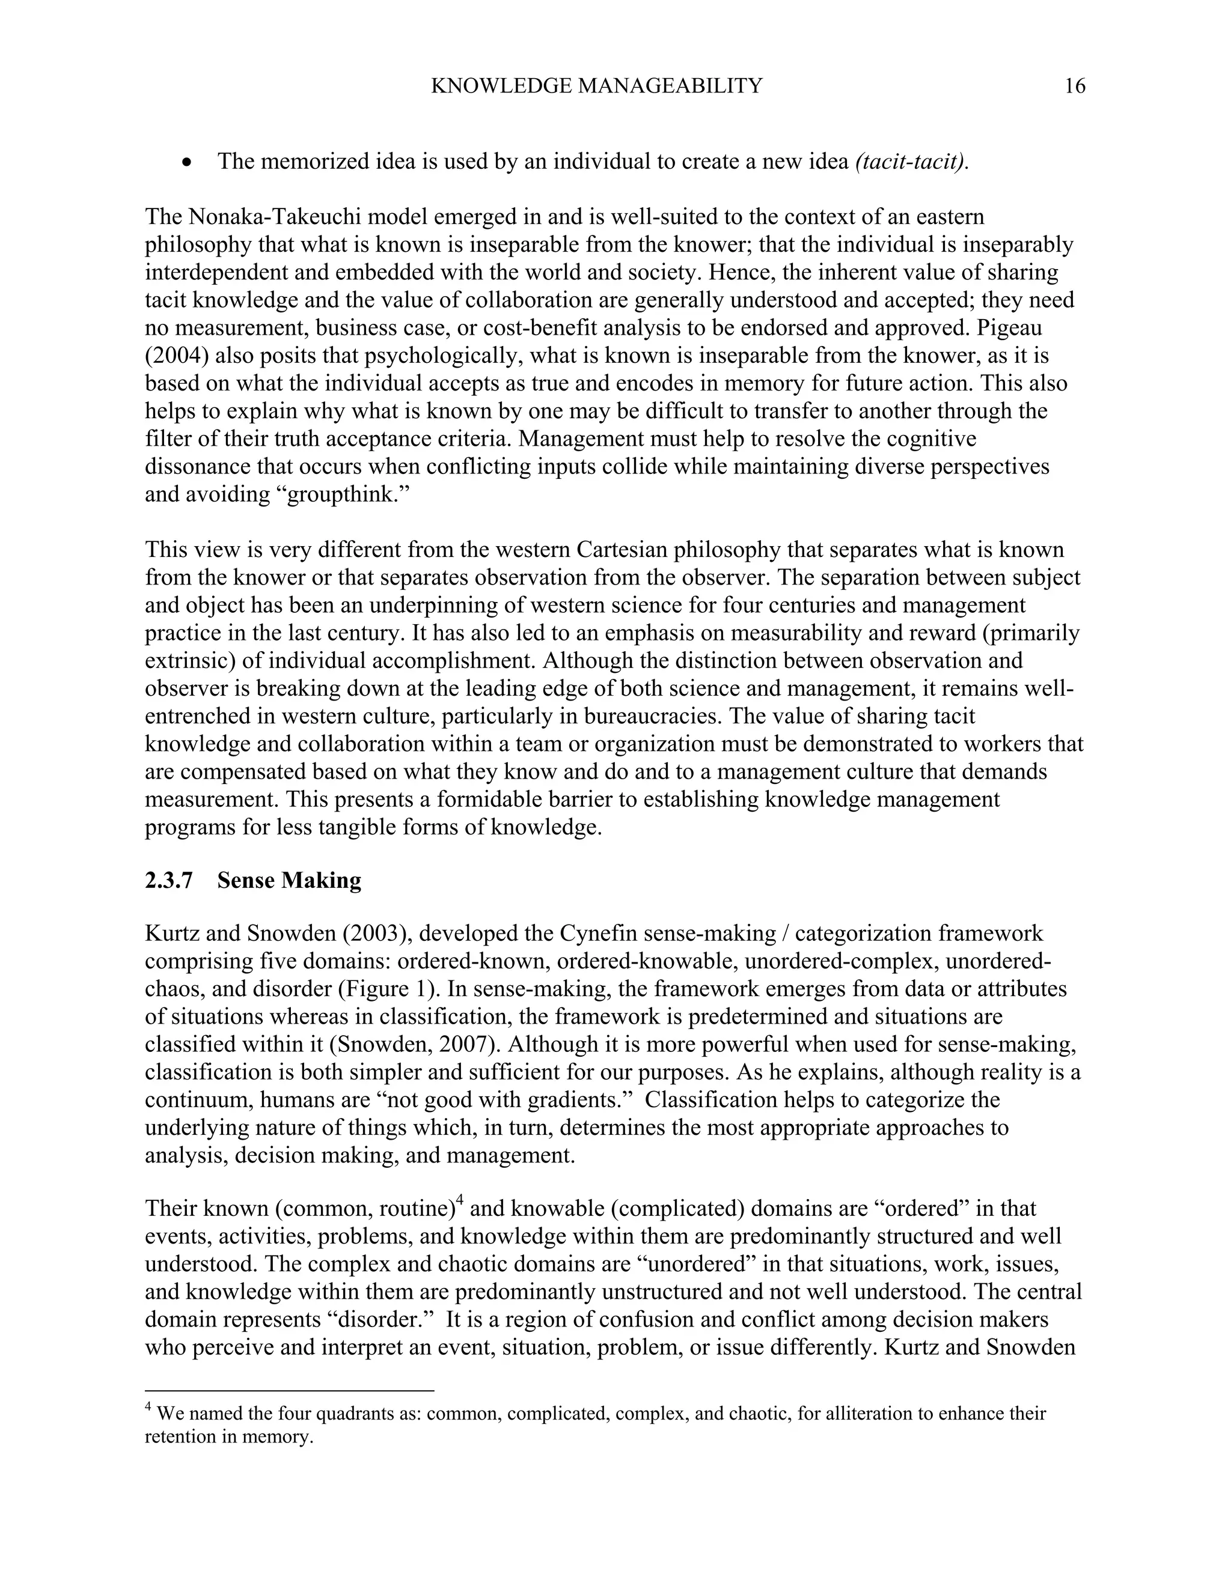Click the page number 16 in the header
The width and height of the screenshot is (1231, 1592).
click(1074, 87)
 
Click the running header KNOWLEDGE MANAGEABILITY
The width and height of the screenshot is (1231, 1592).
click(596, 87)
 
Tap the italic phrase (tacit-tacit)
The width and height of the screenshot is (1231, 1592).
click(912, 162)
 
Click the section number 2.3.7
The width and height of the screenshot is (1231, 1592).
click(168, 881)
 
